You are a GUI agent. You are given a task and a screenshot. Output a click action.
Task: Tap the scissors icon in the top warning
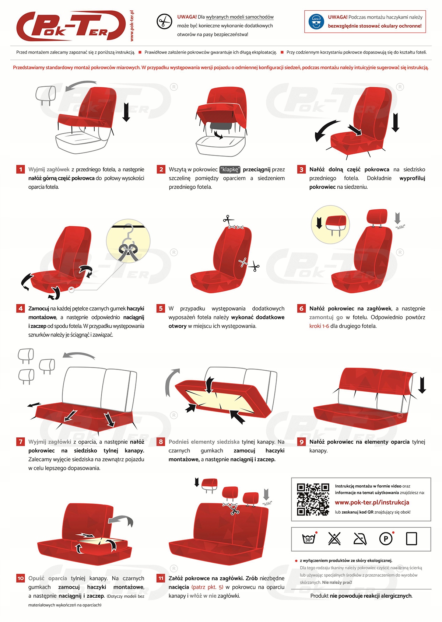(164, 21)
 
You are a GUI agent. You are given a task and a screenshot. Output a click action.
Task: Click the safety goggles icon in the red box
(316, 22)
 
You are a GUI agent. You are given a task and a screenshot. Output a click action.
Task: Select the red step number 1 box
(21, 170)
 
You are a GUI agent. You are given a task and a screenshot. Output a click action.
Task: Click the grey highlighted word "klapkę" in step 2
(230, 170)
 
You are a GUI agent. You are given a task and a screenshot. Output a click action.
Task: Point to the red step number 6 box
(301, 308)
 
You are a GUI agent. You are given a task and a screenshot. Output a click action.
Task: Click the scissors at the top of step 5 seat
(229, 220)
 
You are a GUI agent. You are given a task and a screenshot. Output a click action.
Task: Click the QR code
(313, 499)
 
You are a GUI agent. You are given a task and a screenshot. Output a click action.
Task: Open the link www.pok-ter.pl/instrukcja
(372, 503)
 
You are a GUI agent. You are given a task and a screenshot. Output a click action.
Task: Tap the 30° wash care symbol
(309, 539)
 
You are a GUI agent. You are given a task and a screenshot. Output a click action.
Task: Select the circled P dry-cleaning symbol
(386, 539)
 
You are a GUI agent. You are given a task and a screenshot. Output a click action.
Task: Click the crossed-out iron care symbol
(360, 539)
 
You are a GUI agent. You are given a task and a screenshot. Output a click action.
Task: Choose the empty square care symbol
(411, 539)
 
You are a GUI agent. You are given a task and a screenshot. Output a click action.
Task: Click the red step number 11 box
(161, 578)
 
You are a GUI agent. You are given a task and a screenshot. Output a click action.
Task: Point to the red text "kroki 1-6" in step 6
(319, 326)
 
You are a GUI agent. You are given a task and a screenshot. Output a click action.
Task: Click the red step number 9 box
(301, 442)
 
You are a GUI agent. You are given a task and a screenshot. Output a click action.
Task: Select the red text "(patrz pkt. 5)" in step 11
(207, 587)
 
